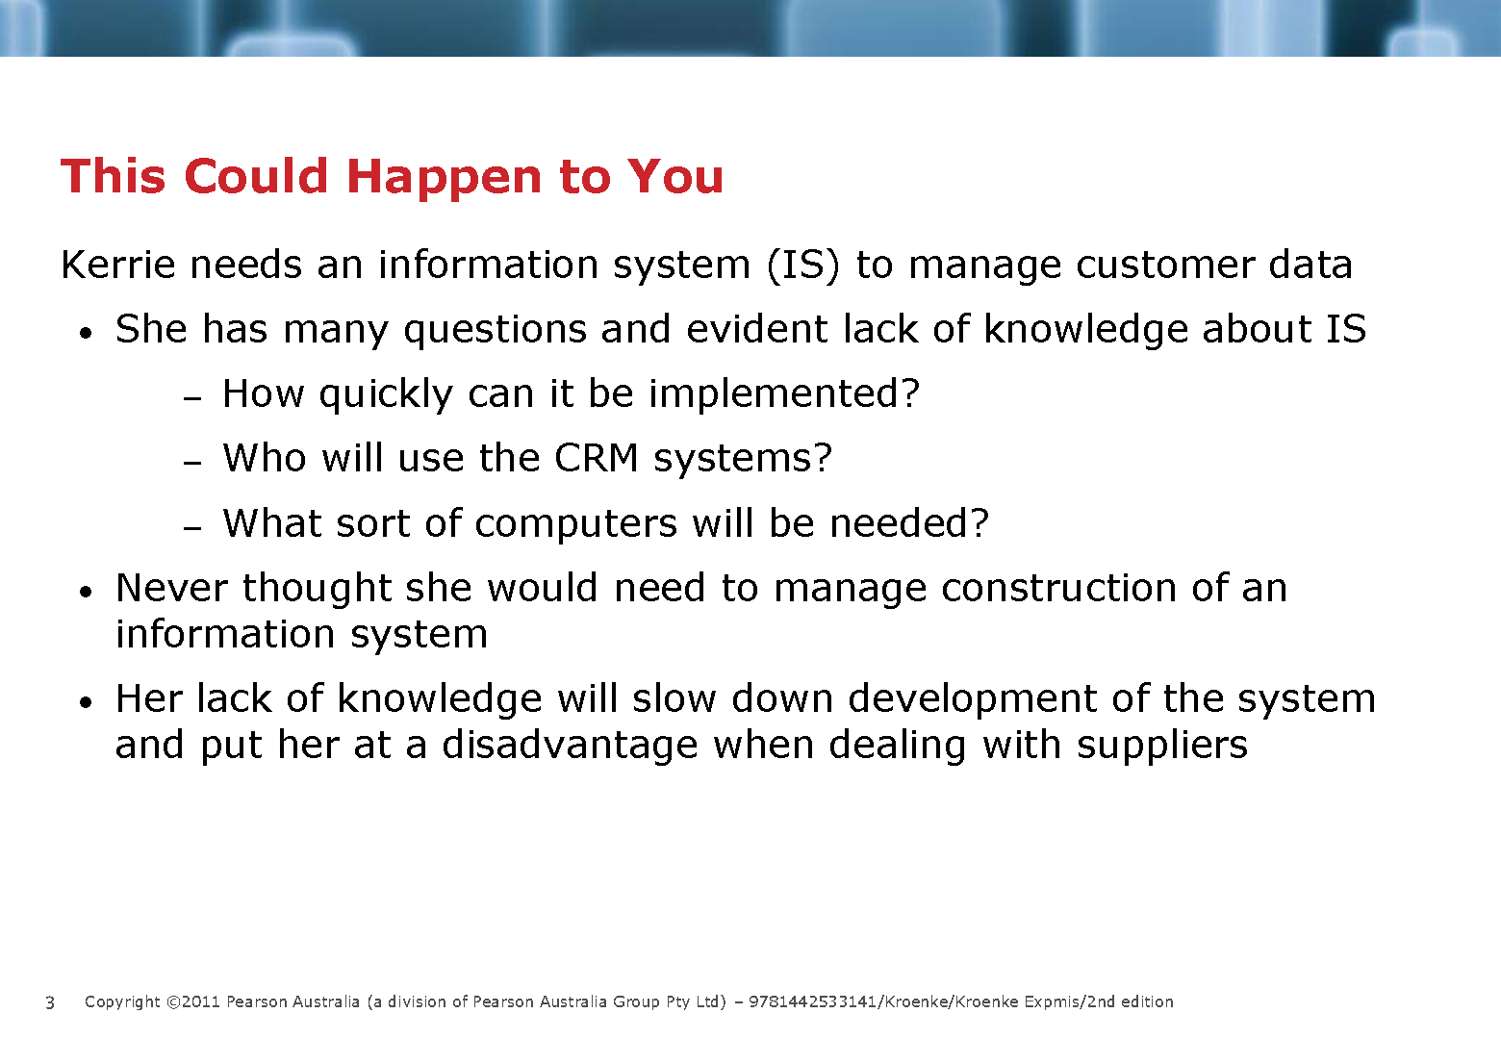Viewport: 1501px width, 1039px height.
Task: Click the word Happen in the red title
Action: click(444, 178)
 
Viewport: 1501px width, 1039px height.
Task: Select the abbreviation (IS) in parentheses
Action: click(802, 266)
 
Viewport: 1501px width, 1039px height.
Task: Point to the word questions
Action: click(496, 330)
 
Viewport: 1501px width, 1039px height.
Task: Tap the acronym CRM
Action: click(597, 458)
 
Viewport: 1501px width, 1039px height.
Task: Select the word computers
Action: click(575, 524)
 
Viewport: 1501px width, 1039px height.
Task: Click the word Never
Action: click(171, 588)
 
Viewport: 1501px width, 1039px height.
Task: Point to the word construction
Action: click(1058, 588)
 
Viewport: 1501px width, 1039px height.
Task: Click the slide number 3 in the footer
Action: click(50, 1002)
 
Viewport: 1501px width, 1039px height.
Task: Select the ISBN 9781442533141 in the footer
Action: click(812, 1002)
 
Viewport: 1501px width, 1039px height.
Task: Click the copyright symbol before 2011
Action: click(173, 1002)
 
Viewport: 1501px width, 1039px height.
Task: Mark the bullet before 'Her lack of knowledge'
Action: click(85, 702)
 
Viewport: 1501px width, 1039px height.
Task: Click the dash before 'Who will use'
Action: click(192, 463)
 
